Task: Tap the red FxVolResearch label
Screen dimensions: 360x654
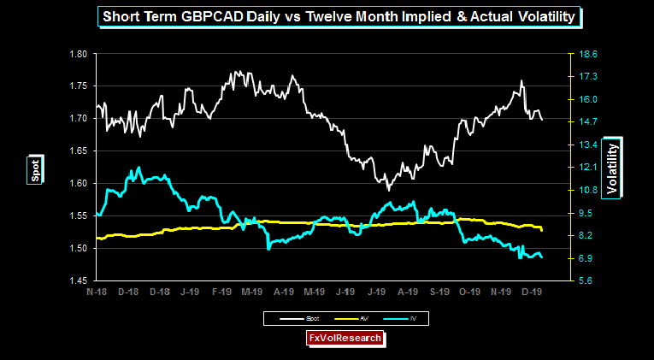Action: click(345, 339)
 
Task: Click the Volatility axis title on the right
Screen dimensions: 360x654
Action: click(611, 167)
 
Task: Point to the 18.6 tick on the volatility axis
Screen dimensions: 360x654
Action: click(589, 53)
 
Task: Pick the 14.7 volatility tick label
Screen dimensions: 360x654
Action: click(589, 121)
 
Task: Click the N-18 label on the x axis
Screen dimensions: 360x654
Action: click(96, 292)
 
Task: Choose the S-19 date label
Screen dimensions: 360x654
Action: click(439, 292)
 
